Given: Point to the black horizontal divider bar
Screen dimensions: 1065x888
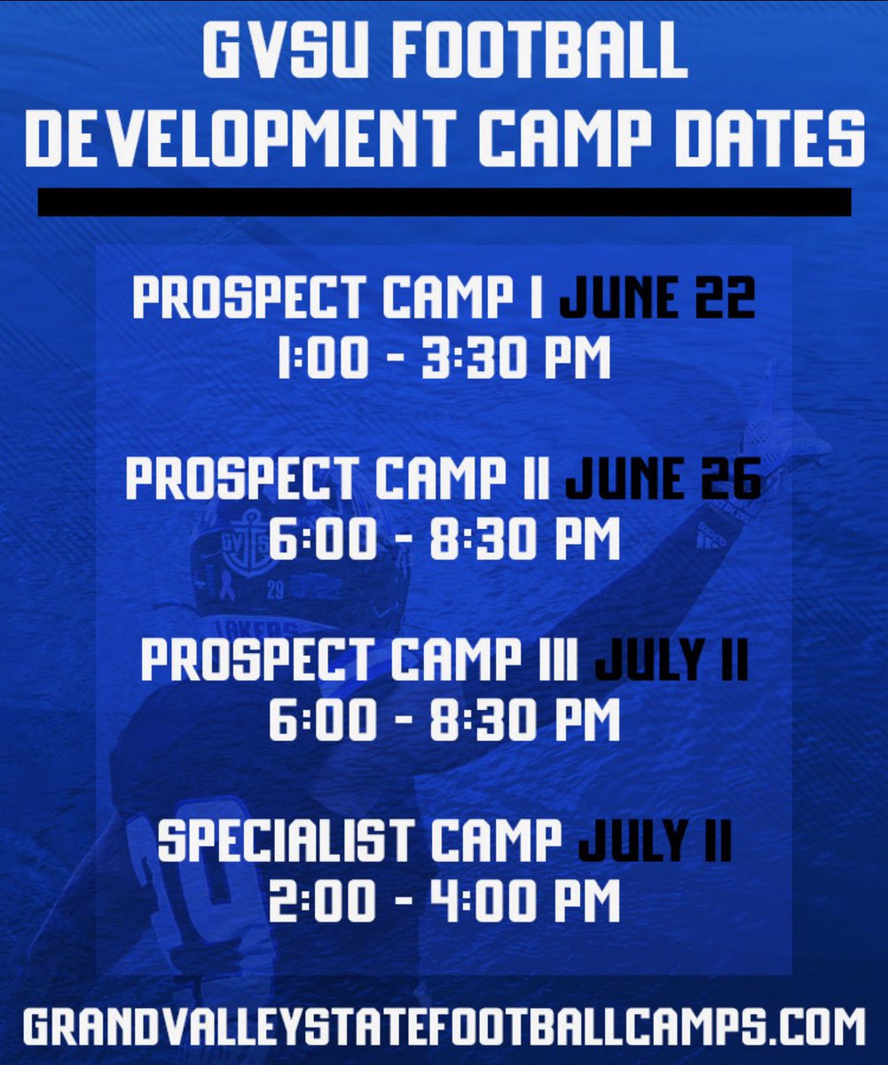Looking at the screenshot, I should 444,201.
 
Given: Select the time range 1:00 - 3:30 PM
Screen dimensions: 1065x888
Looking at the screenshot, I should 444,361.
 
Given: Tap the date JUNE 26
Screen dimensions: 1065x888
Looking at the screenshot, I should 663,480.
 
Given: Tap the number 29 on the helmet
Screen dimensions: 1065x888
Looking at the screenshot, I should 274,589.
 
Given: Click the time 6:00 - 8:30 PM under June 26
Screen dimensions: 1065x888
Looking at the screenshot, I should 444,541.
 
